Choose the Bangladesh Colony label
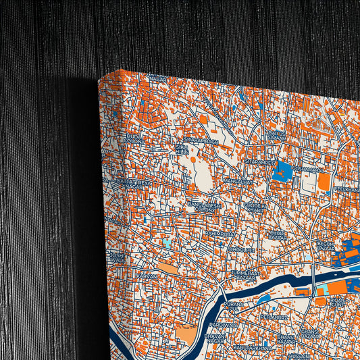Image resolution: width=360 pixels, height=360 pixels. (204, 207)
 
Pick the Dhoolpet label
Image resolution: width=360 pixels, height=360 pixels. (241, 249)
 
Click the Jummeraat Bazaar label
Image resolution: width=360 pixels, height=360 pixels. (245, 275)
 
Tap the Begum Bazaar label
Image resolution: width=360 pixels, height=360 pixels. (325, 245)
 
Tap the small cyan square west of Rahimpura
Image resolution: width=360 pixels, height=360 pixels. (167, 241)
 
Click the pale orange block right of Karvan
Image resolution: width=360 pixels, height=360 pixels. (168, 269)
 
